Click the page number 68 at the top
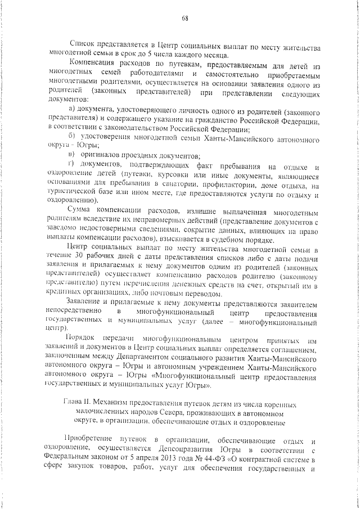click(x=184, y=17)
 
